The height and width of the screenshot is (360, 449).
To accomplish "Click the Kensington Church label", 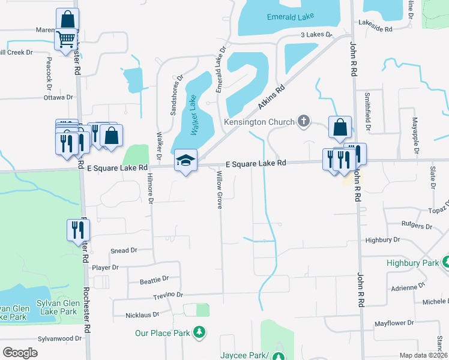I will tap(259, 122).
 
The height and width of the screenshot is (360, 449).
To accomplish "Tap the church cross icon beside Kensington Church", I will tap(304, 121).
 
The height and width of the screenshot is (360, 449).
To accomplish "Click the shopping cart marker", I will tap(66, 39).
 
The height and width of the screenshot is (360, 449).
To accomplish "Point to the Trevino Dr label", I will tap(167, 295).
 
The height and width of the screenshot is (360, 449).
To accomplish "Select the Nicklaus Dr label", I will tap(142, 314).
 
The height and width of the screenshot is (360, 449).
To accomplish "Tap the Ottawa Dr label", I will tap(58, 97).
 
